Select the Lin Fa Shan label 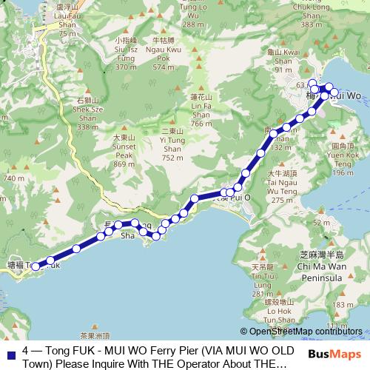(x=201, y=110)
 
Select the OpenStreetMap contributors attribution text (x=305, y=332)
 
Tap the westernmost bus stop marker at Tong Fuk (x=35, y=266)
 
